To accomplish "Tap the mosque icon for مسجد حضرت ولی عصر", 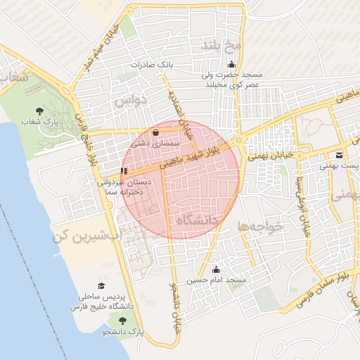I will click(x=252, y=65).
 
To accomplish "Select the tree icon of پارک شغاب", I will click(x=38, y=111).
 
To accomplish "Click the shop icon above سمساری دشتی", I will click(x=155, y=131).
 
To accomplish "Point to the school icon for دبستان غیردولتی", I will click(x=124, y=171).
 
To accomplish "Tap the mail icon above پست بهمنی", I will click(x=340, y=155).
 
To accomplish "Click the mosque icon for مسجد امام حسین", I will click(x=216, y=270).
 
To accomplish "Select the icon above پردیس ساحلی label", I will click(x=103, y=286).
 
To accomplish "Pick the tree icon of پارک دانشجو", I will click(x=123, y=321).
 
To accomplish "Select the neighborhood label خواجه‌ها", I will click(x=259, y=227).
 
